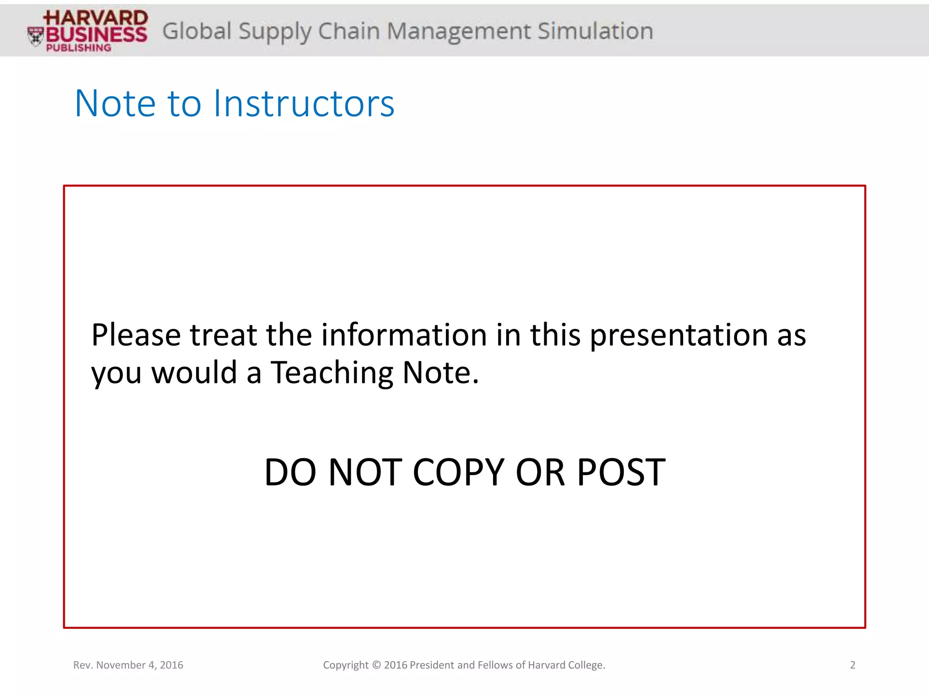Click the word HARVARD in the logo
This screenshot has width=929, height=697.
pos(96,18)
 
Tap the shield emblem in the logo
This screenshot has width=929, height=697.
pos(35,36)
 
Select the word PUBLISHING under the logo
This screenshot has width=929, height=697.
pos(78,48)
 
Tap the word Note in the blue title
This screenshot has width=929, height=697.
pos(115,103)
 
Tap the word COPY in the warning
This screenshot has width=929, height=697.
pos(459,472)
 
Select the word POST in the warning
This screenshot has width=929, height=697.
pos(621,472)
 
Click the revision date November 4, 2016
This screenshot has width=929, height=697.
pos(140,665)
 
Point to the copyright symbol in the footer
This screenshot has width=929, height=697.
pos(376,665)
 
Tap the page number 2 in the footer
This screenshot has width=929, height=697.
pos(852,665)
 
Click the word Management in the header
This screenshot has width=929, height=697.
pos(458,31)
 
